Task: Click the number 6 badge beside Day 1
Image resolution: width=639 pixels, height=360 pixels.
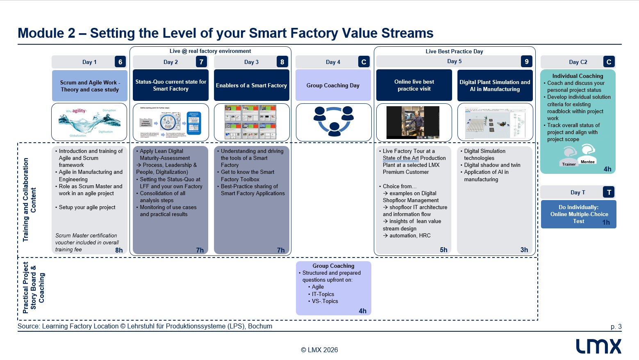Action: [x=120, y=62]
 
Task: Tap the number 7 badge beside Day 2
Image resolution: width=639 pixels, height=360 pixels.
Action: [x=201, y=62]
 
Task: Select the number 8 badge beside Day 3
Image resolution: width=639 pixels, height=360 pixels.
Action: [x=282, y=62]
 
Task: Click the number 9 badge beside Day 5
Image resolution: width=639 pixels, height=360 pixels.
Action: [x=527, y=62]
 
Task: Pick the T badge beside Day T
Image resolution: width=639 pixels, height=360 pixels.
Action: [x=609, y=192]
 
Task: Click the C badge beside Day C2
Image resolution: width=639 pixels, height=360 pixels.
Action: [x=609, y=62]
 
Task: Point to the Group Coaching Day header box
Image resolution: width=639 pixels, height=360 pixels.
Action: [x=333, y=85]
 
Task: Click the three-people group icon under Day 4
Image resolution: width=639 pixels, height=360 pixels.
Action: [x=333, y=121]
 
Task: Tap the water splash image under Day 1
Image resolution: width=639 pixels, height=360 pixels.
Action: [x=89, y=122]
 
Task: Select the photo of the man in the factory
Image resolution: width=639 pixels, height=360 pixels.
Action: [x=413, y=122]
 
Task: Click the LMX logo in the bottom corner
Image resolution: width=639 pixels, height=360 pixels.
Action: [x=598, y=346]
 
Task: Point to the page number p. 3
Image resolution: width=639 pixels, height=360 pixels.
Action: [x=616, y=327]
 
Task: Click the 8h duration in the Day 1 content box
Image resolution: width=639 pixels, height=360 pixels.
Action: [x=119, y=250]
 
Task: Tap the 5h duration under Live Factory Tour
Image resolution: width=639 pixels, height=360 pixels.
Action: [x=443, y=250]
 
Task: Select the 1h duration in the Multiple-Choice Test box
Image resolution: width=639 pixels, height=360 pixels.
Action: [x=606, y=223]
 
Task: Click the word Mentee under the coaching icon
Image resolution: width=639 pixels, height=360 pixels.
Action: [x=587, y=162]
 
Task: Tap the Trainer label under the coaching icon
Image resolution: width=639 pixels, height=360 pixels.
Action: [x=569, y=164]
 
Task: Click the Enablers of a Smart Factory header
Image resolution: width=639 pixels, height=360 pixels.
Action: [x=251, y=85]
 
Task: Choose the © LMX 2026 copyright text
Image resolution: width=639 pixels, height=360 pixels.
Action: [x=319, y=350]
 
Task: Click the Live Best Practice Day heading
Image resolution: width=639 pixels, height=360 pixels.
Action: [x=454, y=51]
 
